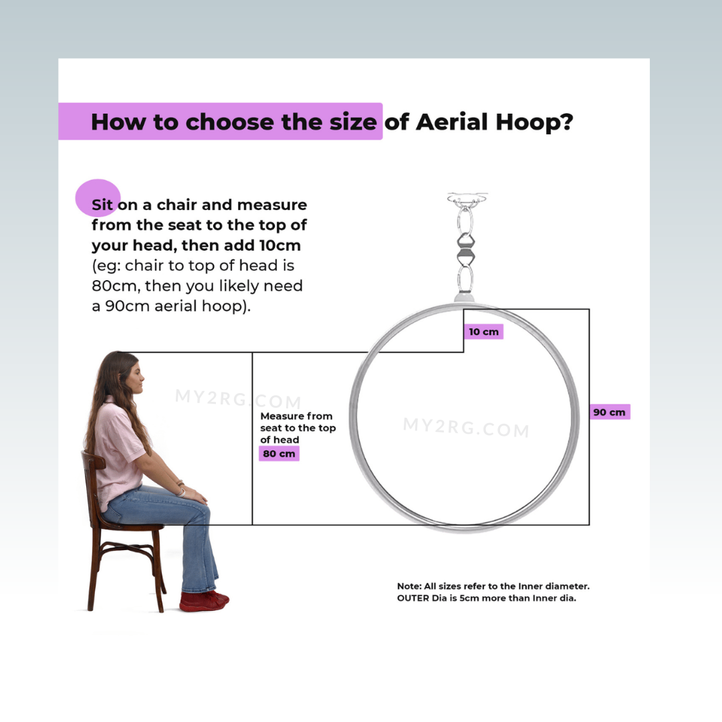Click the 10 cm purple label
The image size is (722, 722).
[x=483, y=332]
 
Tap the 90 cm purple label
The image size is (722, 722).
[x=610, y=412]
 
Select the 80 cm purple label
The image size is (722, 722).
[x=279, y=453]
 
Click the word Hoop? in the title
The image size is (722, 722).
[x=535, y=122]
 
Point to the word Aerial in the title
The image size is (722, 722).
[x=452, y=122]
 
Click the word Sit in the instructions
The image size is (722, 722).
[x=102, y=205]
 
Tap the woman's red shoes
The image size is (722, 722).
[x=204, y=601]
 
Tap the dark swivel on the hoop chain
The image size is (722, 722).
[x=465, y=249]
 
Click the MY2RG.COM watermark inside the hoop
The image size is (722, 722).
[x=466, y=427]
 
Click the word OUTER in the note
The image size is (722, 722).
[x=413, y=598]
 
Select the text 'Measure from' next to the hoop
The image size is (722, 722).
[x=296, y=416]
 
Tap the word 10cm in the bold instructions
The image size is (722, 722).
[x=280, y=245]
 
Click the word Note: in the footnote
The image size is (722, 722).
[x=409, y=586]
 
